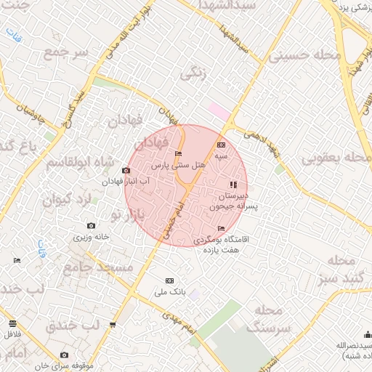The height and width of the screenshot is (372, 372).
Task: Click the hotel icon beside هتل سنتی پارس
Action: point(179,153)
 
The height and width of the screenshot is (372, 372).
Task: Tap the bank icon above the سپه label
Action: point(221,145)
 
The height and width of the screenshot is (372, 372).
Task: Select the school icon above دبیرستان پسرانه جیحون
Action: point(233,185)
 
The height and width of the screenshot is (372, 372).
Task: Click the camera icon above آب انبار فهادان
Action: point(126,170)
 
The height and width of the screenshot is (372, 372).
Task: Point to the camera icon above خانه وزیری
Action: point(90,227)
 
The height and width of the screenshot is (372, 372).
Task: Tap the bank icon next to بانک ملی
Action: point(170,280)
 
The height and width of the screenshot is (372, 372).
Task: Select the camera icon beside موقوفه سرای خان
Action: point(64,355)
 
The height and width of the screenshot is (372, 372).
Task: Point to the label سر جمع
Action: point(65,54)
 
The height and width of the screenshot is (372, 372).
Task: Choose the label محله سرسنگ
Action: point(268,319)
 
